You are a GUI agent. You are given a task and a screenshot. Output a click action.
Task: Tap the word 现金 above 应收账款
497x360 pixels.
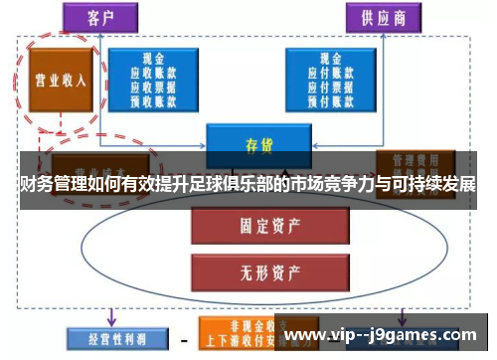(153, 59)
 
